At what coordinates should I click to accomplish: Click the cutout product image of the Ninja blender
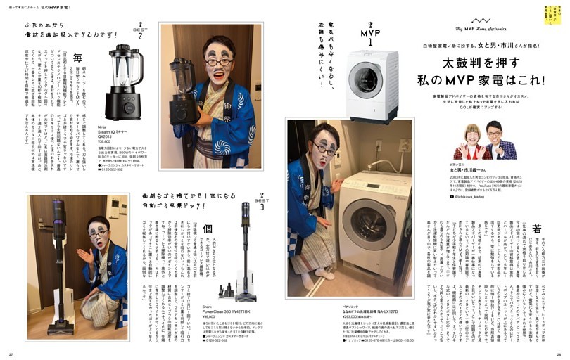123,84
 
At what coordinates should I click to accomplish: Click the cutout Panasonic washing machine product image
372,86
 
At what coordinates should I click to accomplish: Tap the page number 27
11,353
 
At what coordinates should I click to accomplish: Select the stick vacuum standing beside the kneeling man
58,267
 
